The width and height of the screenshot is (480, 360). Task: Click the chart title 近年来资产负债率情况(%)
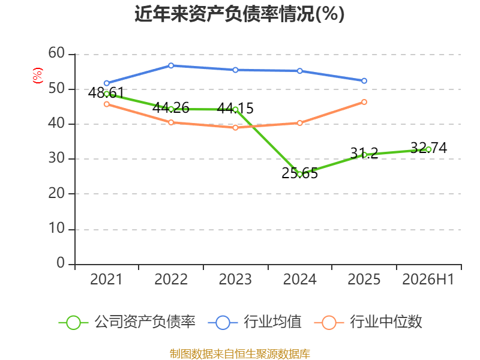239,14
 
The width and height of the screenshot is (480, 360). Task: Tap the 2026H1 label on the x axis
428,279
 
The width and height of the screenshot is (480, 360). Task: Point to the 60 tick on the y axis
56,53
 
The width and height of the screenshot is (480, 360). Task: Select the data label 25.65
299,173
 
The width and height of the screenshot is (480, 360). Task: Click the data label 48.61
106,92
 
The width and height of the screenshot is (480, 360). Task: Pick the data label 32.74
428,148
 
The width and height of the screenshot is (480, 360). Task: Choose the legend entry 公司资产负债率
127,322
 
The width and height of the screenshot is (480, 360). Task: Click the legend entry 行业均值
254,322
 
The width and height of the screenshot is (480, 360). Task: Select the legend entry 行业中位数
368,322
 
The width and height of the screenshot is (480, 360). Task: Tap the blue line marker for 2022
171,65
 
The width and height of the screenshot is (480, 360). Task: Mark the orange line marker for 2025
364,102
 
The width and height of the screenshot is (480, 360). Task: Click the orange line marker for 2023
235,127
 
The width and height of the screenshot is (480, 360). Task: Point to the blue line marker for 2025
364,81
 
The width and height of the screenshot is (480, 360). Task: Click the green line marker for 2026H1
428,149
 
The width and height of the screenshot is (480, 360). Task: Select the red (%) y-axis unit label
38,76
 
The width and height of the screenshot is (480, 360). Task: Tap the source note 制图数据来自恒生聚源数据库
239,354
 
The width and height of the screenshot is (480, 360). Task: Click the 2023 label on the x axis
235,279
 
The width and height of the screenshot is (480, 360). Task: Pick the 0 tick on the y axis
61,263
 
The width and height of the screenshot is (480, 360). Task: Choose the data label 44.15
235,108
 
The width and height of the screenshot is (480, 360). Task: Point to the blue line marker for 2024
299,71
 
